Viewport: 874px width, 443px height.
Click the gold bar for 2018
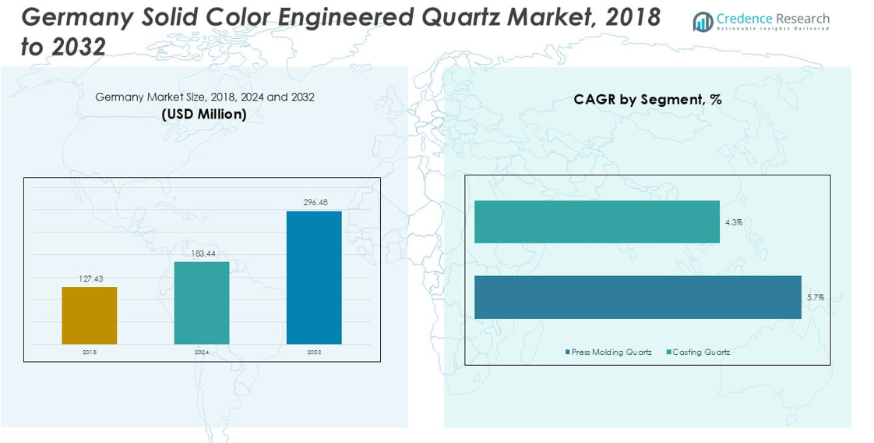point(90,315)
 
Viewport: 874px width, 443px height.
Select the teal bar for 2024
point(202,303)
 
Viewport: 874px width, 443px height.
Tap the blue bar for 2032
point(314,277)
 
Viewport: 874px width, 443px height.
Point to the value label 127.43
point(90,278)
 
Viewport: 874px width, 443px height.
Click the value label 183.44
point(203,253)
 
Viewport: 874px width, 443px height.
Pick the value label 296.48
point(315,203)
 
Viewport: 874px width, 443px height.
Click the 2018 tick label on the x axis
point(90,353)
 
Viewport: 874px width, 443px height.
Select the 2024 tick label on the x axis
point(202,353)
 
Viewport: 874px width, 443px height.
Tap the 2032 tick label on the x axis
point(314,353)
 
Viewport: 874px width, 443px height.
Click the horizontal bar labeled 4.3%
point(597,222)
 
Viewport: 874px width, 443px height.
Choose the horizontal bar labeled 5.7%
point(637,297)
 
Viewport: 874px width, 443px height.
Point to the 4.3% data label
point(733,222)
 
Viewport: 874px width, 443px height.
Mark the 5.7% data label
point(815,297)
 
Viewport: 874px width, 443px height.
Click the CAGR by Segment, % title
point(647,100)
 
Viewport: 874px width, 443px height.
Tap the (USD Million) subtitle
point(204,115)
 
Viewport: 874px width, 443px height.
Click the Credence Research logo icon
point(703,22)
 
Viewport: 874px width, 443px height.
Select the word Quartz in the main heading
point(460,17)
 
